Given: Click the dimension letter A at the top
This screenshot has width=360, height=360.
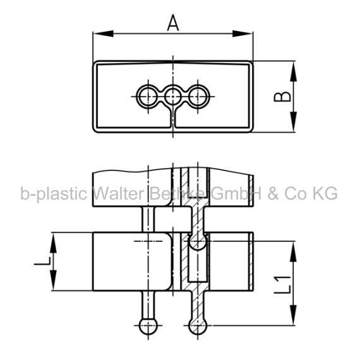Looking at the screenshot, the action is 173,23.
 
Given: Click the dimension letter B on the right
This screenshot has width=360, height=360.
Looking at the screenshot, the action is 282,97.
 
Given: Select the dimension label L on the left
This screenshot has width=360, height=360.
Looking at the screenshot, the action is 42,261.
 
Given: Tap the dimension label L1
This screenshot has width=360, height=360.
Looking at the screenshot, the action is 282,285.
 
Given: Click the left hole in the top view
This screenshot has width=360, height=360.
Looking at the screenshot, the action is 148,97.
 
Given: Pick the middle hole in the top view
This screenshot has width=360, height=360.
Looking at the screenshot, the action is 173,97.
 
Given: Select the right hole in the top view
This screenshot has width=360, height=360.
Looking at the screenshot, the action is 198,97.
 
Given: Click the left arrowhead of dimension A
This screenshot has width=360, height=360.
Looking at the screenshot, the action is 104,33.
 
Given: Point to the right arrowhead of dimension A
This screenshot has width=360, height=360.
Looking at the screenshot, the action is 243,33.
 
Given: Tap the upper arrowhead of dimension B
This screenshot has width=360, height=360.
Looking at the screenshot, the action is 294,71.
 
